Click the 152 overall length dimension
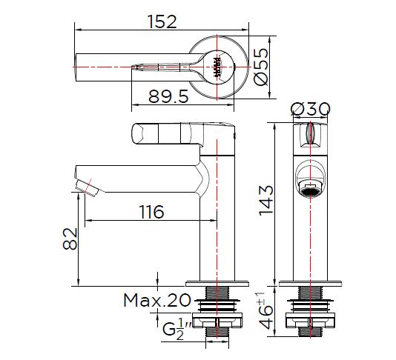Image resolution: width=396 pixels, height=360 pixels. pos(162,21)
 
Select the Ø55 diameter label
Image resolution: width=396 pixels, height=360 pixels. pos(261,67)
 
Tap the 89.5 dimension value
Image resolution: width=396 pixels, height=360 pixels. pos(168,96)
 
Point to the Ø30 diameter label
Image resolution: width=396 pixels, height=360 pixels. pos(311,109)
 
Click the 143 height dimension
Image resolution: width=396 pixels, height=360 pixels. pos(266,201)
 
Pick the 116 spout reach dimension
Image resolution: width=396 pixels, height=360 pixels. pos(151,212)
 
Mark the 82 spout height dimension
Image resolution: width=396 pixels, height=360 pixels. pos(70,239)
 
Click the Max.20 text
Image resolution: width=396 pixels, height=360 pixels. pos(157,300)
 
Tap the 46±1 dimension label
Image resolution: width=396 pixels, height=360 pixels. pos(265,311)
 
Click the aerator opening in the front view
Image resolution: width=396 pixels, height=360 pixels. pos(310,190)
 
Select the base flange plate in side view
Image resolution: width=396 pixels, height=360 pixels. pos(217,284)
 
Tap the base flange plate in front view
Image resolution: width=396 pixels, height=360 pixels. pos(310,284)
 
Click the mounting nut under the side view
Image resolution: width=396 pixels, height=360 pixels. pos(217,321)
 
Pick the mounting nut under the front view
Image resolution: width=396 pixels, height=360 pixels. pos(310,321)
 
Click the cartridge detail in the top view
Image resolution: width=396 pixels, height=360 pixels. pos(217,67)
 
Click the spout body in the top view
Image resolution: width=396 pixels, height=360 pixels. pos(133,67)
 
